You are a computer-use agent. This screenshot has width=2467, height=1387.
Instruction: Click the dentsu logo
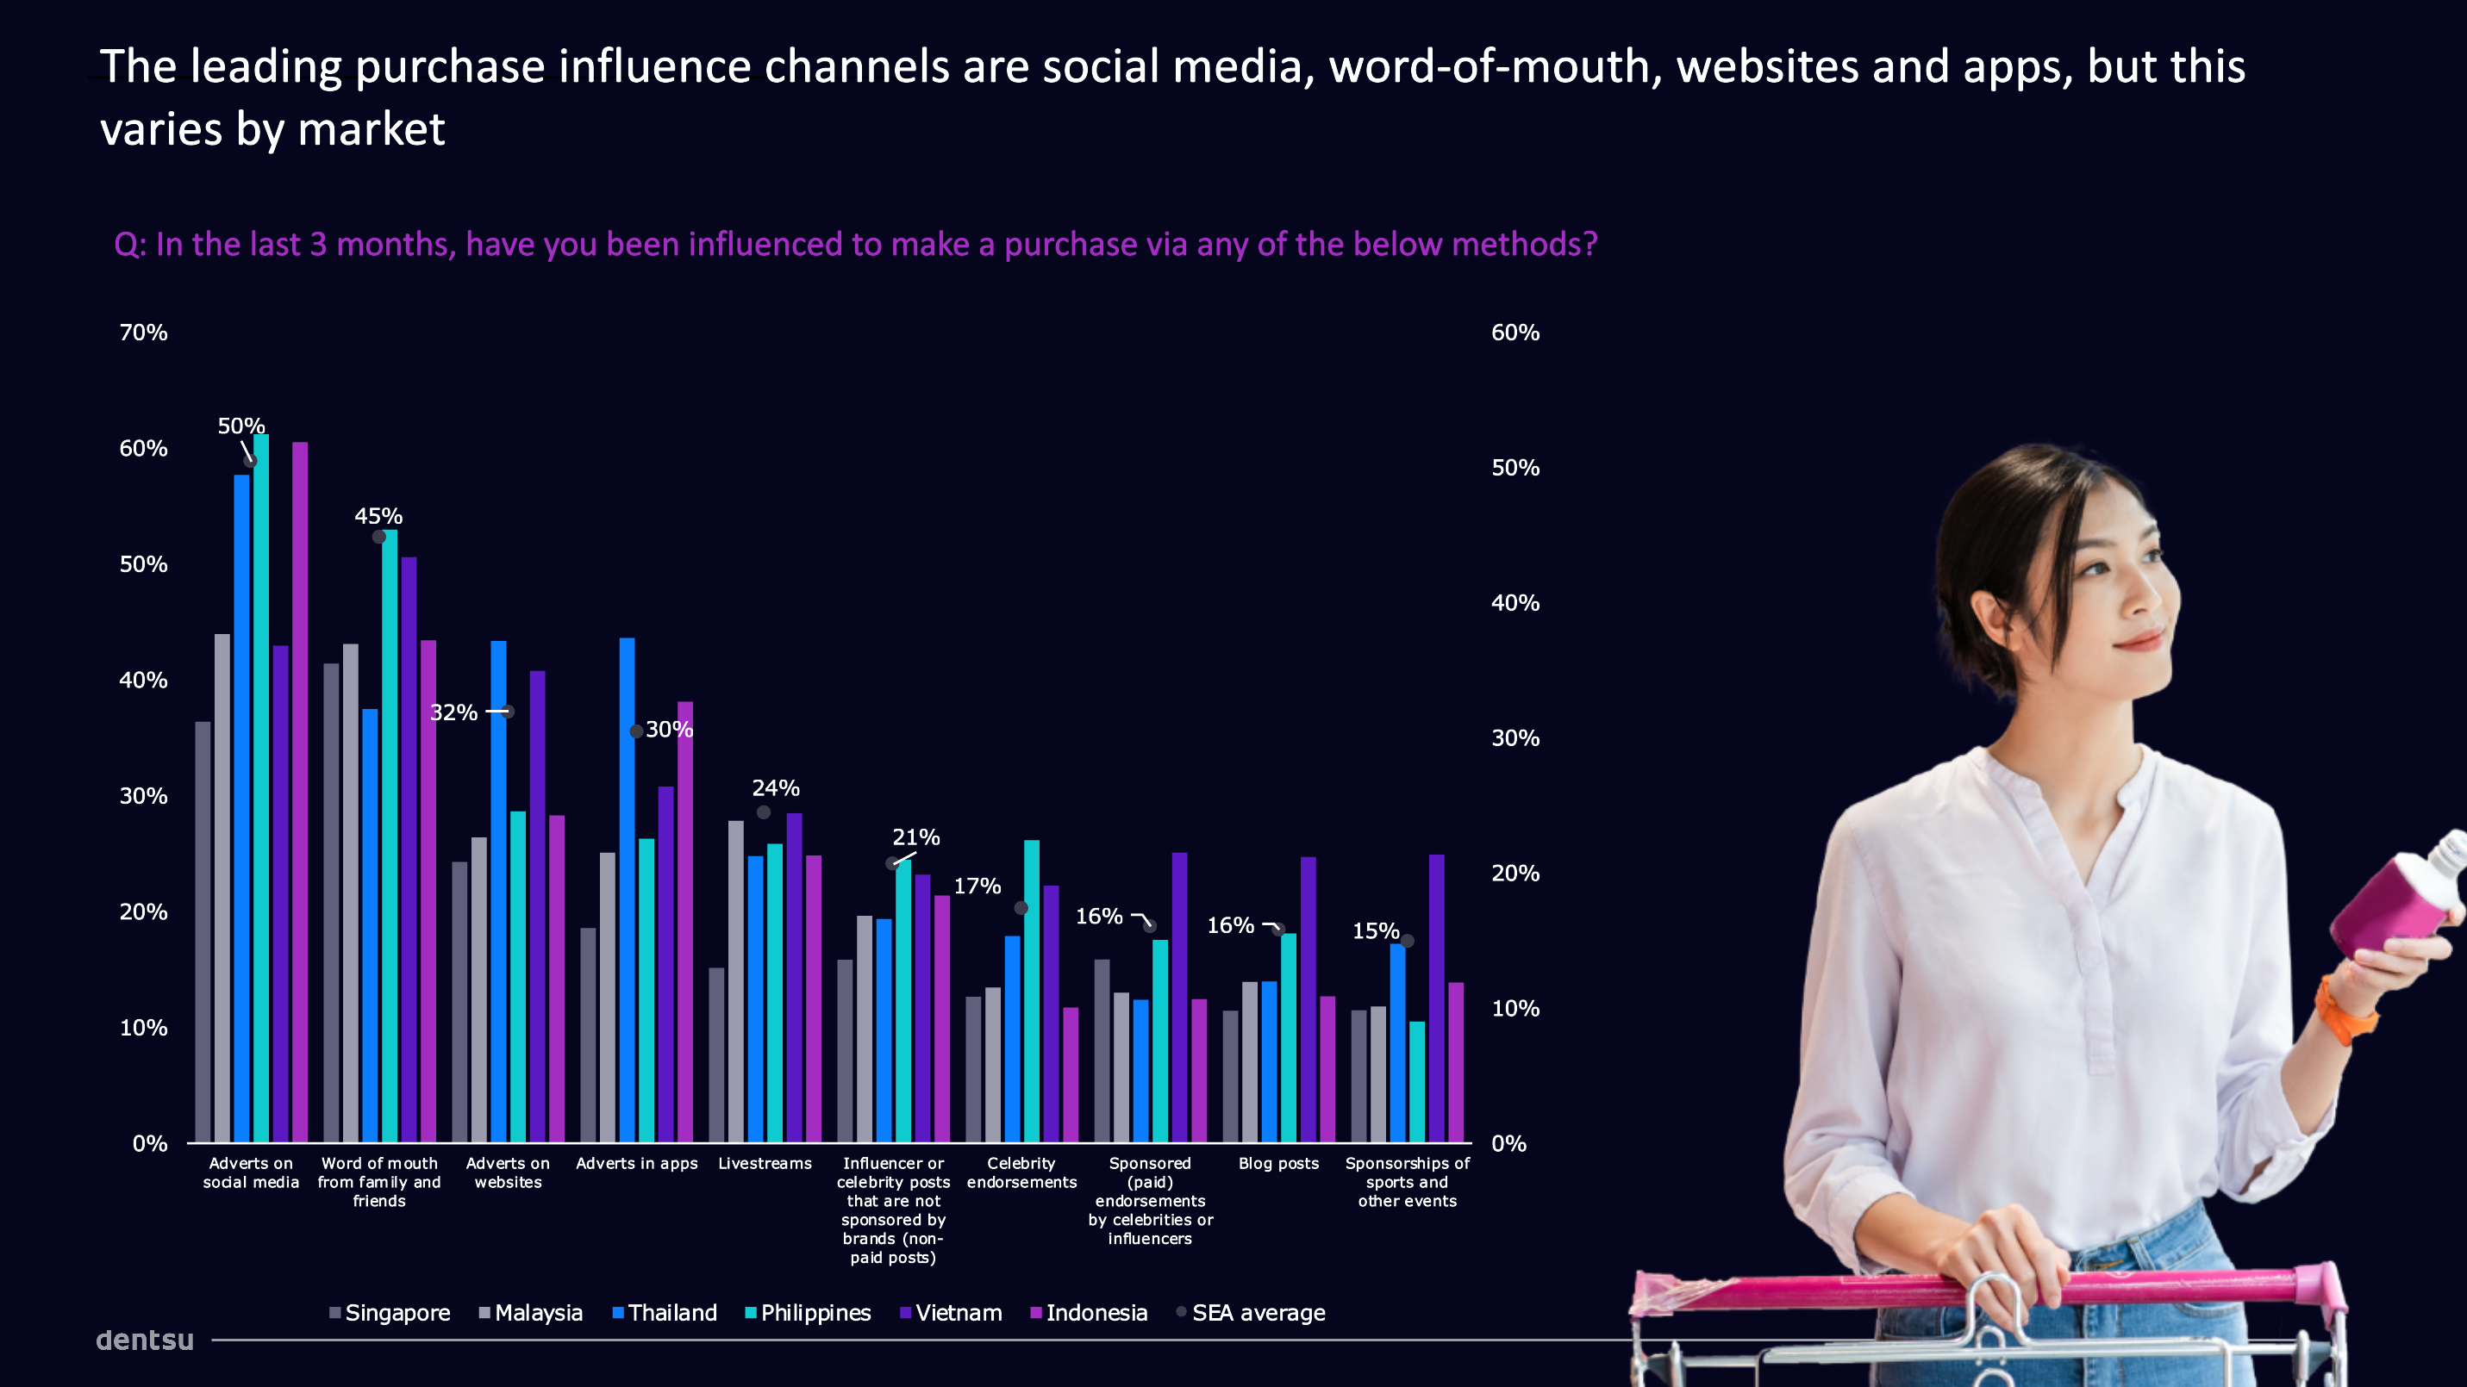tap(145, 1340)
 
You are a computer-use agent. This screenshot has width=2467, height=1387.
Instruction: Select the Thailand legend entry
tap(665, 1313)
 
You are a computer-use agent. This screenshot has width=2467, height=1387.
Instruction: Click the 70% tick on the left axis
tap(144, 333)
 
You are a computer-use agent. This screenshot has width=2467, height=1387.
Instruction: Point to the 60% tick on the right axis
tap(1515, 333)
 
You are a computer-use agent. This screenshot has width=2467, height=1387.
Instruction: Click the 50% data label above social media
tap(240, 426)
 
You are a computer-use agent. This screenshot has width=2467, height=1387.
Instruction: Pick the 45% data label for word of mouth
tap(378, 516)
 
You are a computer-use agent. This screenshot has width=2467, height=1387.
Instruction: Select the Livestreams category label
tap(765, 1163)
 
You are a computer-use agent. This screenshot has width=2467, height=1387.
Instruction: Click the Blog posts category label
tap(1278, 1163)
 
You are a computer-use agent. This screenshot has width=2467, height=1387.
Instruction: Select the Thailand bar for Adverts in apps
tap(628, 890)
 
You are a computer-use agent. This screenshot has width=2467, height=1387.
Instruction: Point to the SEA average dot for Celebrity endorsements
tap(1021, 907)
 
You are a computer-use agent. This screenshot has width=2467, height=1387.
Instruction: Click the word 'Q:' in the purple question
tap(129, 245)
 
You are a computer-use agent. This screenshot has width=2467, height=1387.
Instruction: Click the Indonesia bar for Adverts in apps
tap(684, 922)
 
